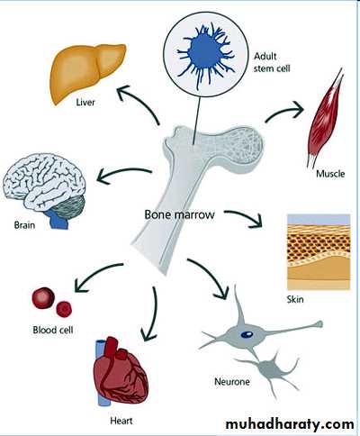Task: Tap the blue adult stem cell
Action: [x=205, y=56]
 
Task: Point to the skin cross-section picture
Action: [x=319, y=251]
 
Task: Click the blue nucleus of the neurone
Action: [x=247, y=333]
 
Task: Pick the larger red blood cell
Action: [x=43, y=298]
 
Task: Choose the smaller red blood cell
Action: [x=64, y=309]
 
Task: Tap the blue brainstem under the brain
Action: [x=58, y=219]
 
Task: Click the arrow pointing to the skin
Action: [x=245, y=216]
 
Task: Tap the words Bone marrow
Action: [x=179, y=214]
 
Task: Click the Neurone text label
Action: [x=232, y=382]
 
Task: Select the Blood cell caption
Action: [x=53, y=330]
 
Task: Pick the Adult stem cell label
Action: [x=272, y=62]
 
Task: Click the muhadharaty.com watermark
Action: [x=290, y=424]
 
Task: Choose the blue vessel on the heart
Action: [x=102, y=372]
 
